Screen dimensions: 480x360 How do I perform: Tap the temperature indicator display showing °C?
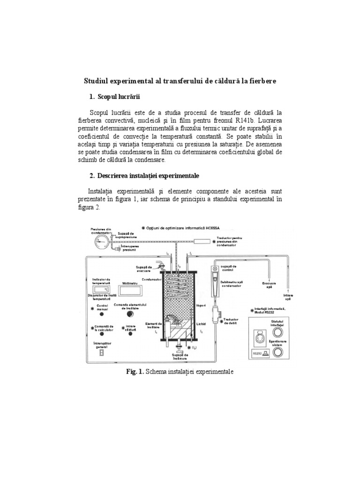coord(102,291)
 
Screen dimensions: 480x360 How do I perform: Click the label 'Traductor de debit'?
coord(233,321)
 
